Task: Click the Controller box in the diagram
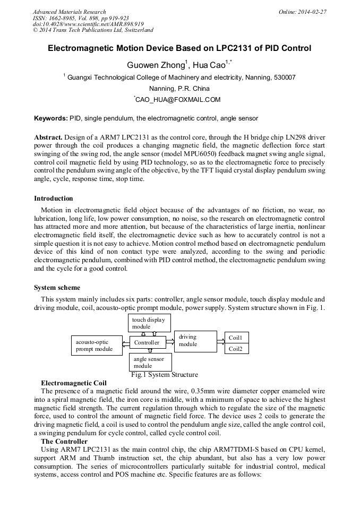coord(147,343)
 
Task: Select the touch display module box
coord(148,323)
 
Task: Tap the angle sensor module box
coord(149,362)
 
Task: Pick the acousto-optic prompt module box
coord(96,346)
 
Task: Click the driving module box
coord(195,341)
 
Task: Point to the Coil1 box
coord(236,338)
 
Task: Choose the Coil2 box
coord(236,349)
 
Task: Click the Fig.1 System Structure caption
coord(164,375)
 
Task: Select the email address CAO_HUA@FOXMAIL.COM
coord(178,99)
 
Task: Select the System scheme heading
coord(57,288)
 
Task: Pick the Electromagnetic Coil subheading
coord(74,383)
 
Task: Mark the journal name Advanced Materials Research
coord(69,12)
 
